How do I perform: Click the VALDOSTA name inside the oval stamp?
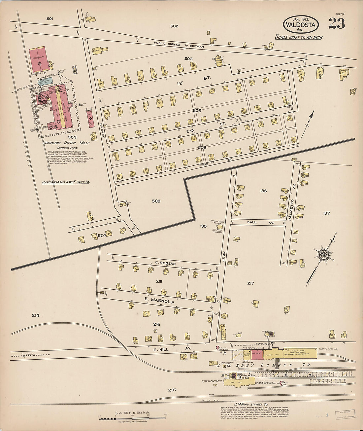tap(301, 24)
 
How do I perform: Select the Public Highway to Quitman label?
tap(179, 45)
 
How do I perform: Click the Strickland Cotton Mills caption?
tap(66, 143)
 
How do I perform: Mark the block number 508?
tap(156, 201)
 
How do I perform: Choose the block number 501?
tap(49, 19)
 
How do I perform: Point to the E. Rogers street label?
tap(165, 264)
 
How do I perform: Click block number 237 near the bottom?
tap(172, 390)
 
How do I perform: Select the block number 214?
tap(36, 315)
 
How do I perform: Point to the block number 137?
tap(326, 213)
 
